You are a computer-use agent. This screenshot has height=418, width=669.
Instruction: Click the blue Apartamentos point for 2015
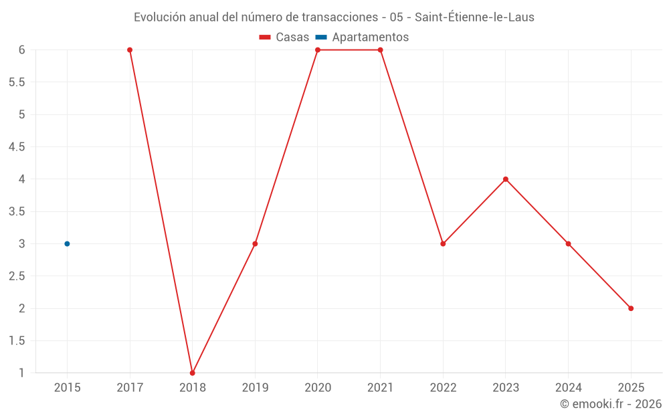[67, 244]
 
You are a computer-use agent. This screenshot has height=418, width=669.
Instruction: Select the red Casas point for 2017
[130, 50]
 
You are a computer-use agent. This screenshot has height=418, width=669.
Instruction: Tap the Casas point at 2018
[193, 373]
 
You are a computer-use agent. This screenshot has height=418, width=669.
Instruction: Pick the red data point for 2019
[255, 244]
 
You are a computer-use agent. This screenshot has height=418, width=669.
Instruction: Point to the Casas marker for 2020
[318, 50]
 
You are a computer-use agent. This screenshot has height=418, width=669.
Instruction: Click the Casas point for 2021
[380, 50]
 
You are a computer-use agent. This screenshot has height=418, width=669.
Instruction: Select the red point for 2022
[443, 244]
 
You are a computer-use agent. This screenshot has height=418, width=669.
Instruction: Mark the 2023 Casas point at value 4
[506, 179]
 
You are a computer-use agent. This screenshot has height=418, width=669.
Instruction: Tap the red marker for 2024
[568, 244]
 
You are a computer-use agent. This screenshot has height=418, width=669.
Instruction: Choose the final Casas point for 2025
[631, 308]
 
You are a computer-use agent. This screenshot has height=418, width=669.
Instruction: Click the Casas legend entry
[284, 37]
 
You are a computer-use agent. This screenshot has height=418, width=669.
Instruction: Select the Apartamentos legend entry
[362, 37]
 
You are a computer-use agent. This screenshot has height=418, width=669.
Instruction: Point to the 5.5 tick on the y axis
[17, 82]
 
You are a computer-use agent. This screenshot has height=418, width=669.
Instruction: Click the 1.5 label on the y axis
[17, 341]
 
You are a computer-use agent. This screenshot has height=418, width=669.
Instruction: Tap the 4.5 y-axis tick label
[17, 146]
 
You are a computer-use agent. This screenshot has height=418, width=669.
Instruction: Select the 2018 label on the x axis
[193, 388]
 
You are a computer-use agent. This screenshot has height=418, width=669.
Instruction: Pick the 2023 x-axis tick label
[506, 388]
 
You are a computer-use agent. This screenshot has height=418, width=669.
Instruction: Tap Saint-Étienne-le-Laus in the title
[474, 17]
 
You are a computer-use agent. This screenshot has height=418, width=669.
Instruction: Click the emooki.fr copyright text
[611, 403]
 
